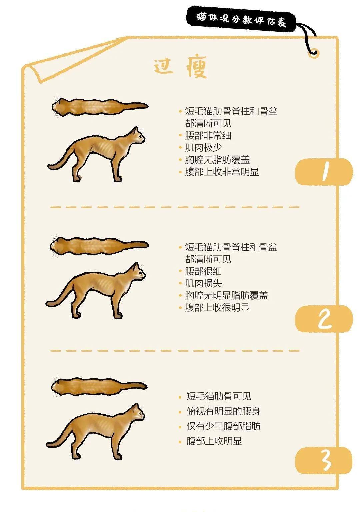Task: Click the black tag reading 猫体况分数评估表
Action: [x=241, y=20]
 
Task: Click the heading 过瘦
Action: [x=180, y=67]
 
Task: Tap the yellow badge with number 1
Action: [x=323, y=172]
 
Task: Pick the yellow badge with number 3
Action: [x=323, y=460]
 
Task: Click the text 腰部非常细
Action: [x=208, y=136]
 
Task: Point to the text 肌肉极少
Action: [x=203, y=148]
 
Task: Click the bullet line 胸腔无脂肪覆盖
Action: [x=217, y=160]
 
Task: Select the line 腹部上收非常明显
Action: [x=222, y=172]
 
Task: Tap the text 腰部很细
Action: [x=203, y=271]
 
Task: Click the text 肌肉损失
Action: [x=203, y=283]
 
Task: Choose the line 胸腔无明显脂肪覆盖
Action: [x=226, y=295]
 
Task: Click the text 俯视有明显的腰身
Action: [x=223, y=411]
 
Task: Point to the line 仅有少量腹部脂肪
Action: [x=223, y=426]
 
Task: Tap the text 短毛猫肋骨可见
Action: [x=219, y=396]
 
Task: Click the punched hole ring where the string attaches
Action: [x=313, y=52]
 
